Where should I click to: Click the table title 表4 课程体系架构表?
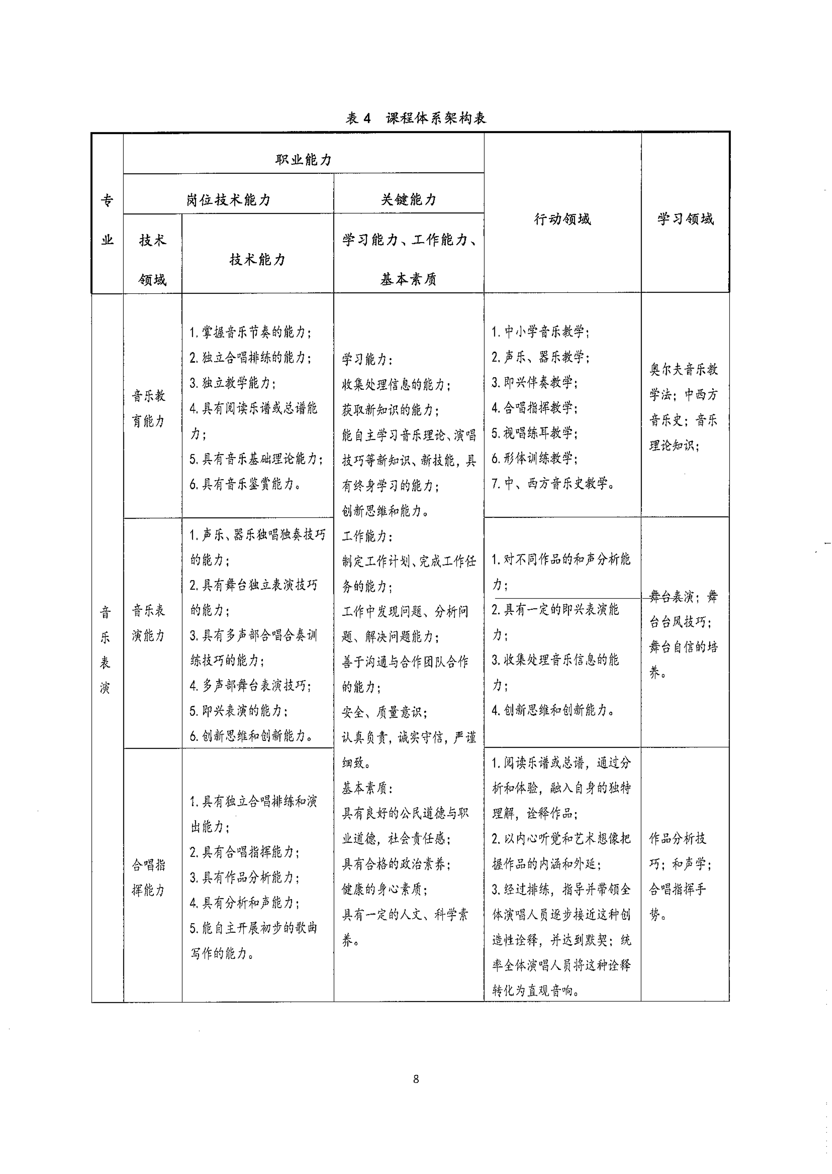point(415,118)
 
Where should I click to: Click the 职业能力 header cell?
point(303,159)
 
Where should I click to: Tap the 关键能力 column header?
point(408,199)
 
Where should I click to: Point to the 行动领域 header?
point(562,219)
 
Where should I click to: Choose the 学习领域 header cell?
point(685,219)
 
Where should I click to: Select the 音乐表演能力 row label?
point(148,622)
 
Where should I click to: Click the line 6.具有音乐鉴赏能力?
point(245,484)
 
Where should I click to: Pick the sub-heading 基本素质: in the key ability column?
point(367,788)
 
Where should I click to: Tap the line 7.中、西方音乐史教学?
point(553,483)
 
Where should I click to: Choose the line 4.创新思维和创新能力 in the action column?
point(553,710)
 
